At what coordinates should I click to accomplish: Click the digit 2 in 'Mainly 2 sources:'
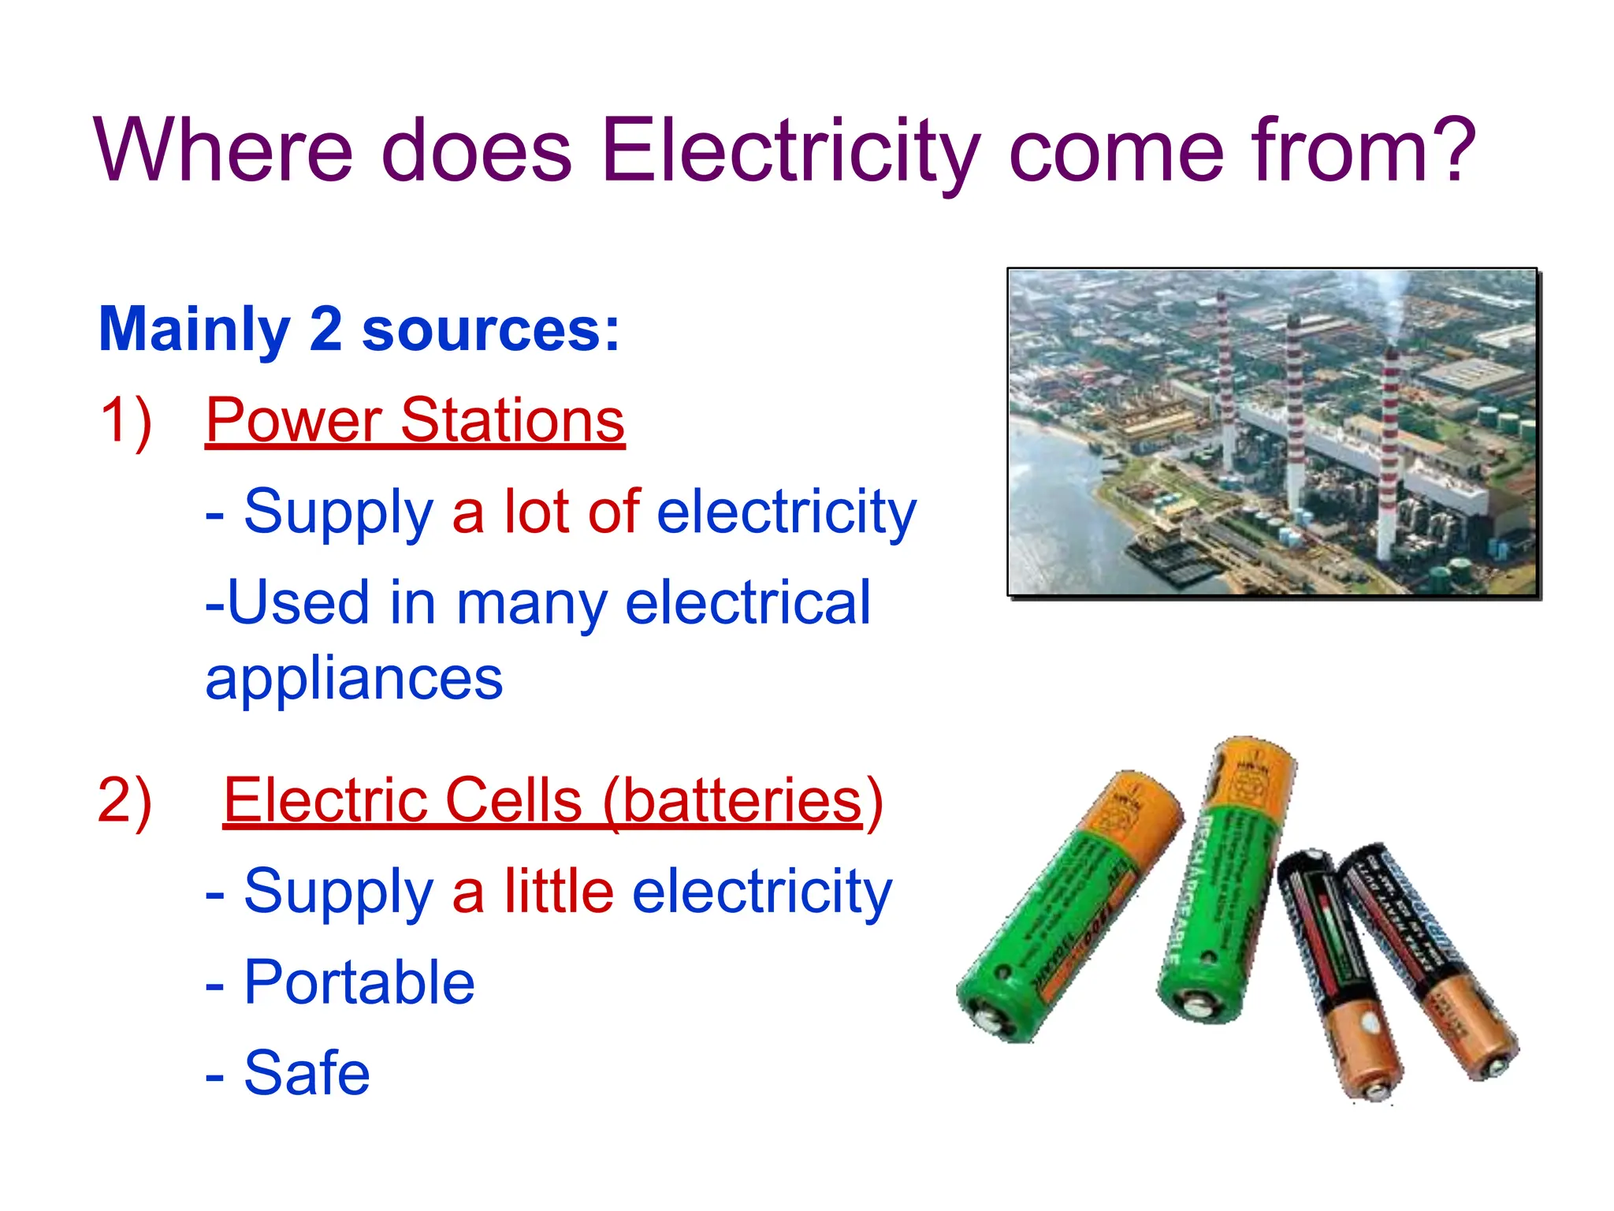pyautogui.click(x=325, y=329)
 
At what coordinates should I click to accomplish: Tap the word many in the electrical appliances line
pyautogui.click(x=532, y=603)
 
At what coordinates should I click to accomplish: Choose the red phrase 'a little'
pyautogui.click(x=533, y=892)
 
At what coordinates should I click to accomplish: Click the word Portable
pyautogui.click(x=359, y=982)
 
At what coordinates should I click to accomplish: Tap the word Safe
pyautogui.click(x=307, y=1073)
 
